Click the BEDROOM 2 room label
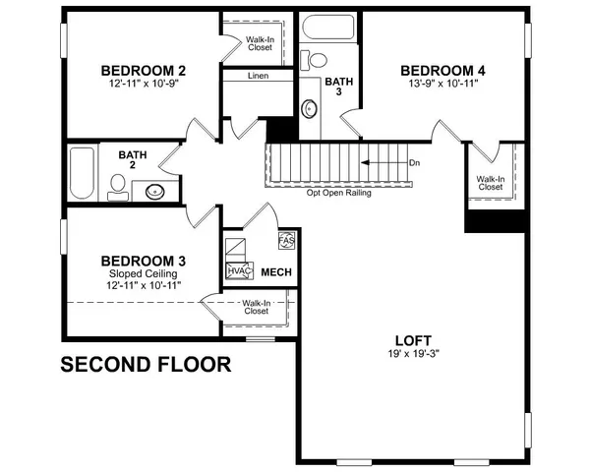(145, 71)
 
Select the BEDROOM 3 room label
(145, 261)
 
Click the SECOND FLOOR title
(147, 366)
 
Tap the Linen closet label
(257, 76)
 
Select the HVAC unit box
(239, 270)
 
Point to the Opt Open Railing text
(340, 192)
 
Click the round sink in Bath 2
(155, 192)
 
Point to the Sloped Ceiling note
(145, 273)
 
